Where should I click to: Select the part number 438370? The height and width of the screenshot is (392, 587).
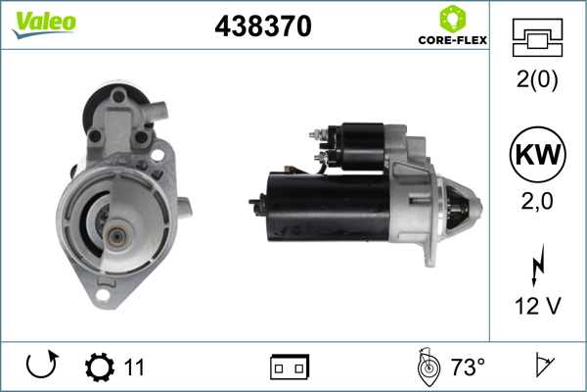tap(263, 27)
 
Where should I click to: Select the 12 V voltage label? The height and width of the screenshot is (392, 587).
tap(536, 307)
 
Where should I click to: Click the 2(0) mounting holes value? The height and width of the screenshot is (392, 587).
tap(536, 81)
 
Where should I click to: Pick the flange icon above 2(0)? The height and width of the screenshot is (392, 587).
tap(536, 38)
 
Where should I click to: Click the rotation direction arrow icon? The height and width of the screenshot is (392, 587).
tap(42, 367)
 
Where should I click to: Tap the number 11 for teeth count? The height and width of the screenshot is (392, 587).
tap(134, 367)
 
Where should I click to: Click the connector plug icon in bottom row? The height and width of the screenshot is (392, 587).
tap(290, 367)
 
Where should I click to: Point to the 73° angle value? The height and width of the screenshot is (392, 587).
tap(468, 367)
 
